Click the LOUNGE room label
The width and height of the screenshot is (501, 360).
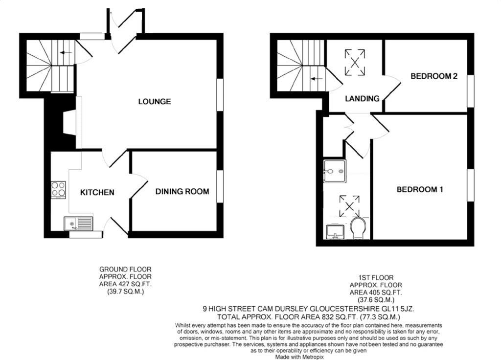(155, 102)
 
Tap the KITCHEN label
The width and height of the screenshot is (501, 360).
(97, 192)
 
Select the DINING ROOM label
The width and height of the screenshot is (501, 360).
(182, 191)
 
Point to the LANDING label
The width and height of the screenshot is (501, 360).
(362, 98)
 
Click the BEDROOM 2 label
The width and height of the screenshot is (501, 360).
(434, 76)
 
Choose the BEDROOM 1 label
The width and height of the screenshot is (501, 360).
(420, 189)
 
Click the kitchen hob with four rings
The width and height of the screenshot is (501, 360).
(59, 189)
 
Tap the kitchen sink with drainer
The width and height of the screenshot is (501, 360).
(78, 224)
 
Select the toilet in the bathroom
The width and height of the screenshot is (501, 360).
(359, 228)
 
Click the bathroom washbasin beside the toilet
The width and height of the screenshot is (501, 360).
(336, 232)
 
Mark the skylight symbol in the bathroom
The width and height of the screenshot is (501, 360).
(349, 206)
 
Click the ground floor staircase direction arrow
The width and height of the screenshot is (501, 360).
(66, 52)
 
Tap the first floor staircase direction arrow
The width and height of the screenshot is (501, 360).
(317, 78)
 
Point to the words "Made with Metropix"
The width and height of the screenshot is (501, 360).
(299, 357)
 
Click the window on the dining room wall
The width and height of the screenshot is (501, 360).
(220, 186)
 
